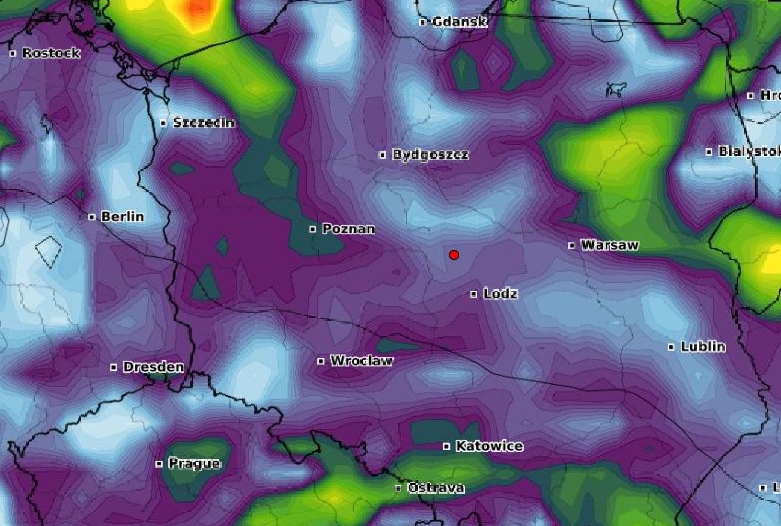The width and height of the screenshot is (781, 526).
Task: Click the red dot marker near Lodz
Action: pos(454,255)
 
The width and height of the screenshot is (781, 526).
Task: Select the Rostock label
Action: pos(51,53)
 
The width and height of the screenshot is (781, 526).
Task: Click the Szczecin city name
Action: pos(203,122)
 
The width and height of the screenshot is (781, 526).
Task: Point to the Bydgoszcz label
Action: pos(430,154)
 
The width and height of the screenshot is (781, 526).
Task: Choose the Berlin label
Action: pos(123,217)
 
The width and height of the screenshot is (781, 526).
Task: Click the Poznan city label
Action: pos(348,229)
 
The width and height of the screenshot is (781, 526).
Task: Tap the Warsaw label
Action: pos(610,245)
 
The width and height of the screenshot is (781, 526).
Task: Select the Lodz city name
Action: pos(500,294)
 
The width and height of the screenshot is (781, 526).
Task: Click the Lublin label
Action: pos(702,347)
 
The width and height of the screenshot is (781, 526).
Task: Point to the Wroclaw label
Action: pos(361,361)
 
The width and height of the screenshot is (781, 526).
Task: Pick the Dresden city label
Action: pos(153,367)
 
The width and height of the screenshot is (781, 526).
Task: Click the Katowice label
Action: pos(489,446)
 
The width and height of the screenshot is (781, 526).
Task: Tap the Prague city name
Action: pos(194,463)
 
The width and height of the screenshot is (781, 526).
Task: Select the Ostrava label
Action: pos(436,488)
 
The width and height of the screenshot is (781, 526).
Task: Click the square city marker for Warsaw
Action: pos(571,245)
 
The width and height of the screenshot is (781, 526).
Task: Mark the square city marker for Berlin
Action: pos(92,217)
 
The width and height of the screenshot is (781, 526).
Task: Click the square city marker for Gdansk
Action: pos(423,22)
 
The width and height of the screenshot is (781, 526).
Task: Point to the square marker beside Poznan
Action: pos(312,229)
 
